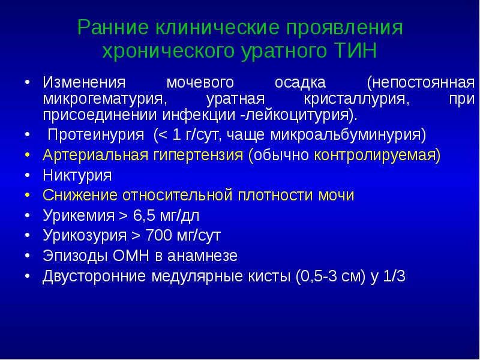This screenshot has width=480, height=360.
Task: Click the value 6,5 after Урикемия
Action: pos(146,216)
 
